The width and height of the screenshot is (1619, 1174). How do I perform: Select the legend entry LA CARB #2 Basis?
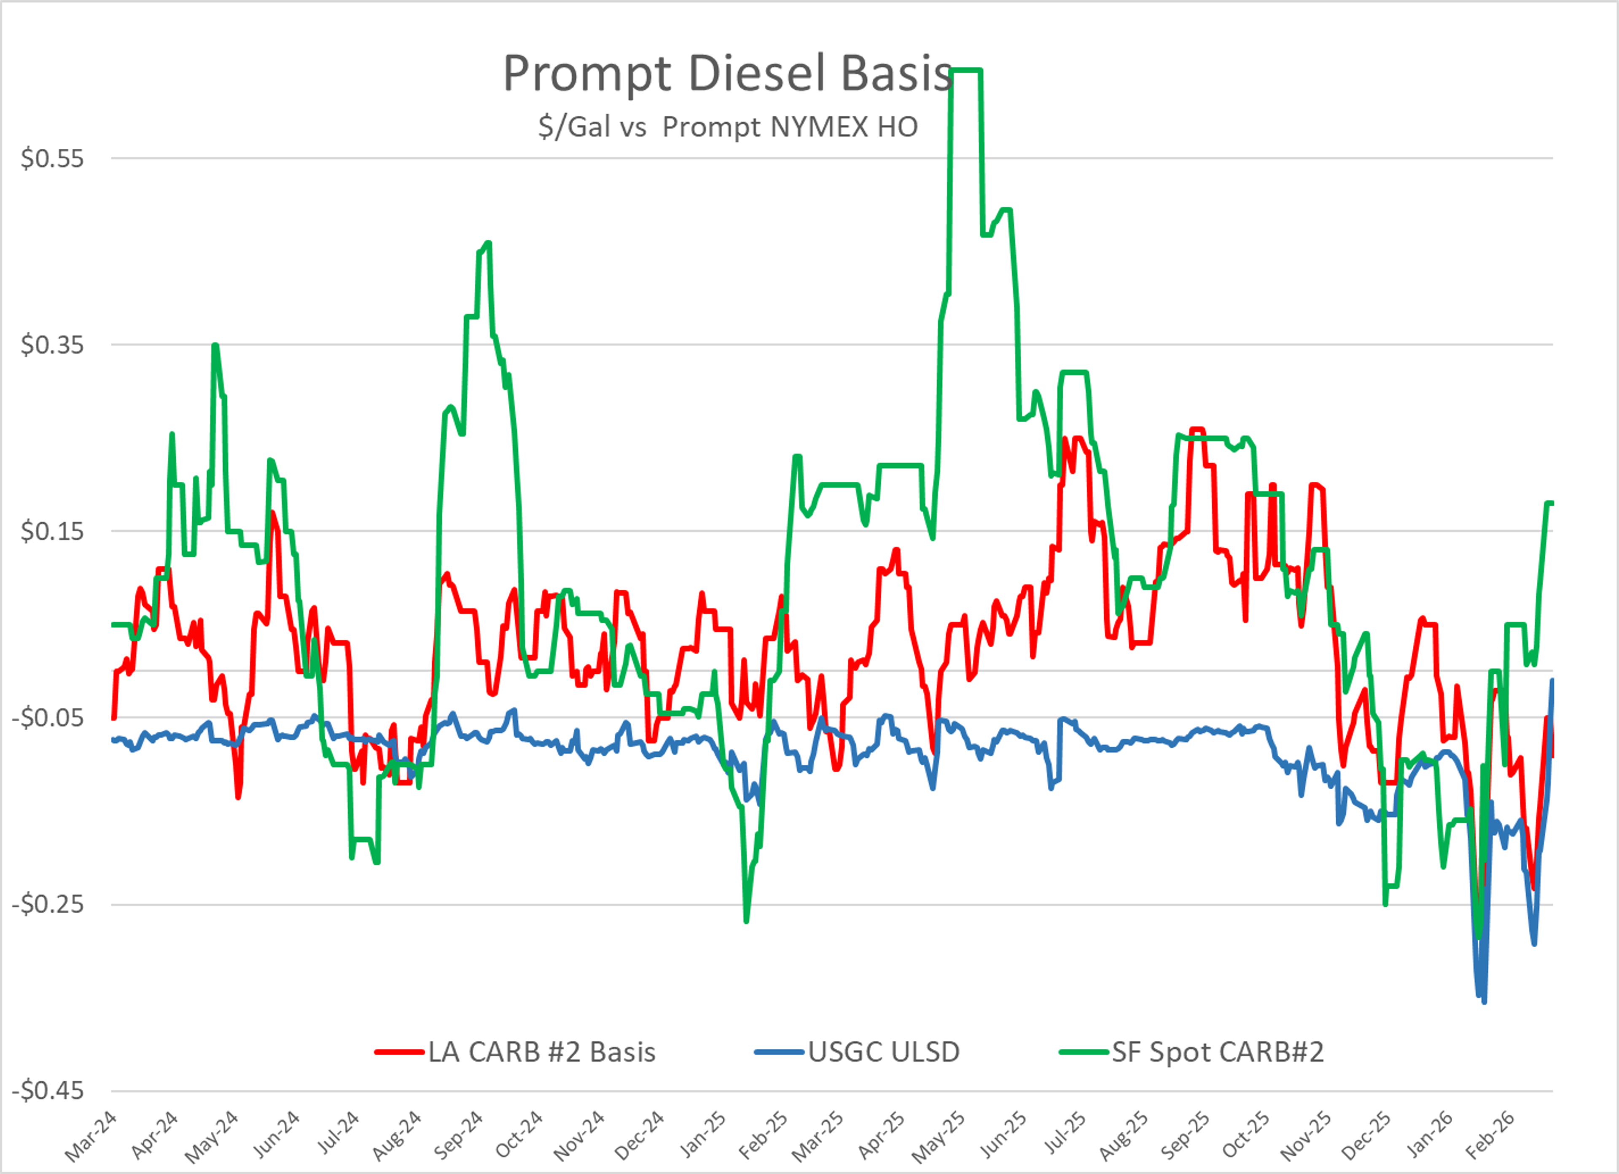(541, 1052)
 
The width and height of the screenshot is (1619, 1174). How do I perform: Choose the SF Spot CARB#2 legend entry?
(1217, 1052)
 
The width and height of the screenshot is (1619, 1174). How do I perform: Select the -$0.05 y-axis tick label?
(48, 717)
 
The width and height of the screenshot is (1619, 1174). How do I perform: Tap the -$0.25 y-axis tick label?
(48, 904)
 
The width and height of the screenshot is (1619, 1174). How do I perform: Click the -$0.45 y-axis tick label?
(48, 1091)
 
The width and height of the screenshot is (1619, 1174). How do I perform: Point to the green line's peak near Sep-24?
(488, 244)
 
